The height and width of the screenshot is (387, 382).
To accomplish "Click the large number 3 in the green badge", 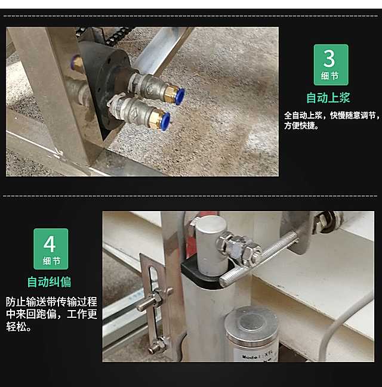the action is click(329, 58).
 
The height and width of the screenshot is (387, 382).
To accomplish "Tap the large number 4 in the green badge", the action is click(50, 244).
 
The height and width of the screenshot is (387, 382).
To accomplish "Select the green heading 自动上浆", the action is click(328, 98).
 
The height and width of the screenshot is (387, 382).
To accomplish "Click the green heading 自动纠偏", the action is click(49, 282).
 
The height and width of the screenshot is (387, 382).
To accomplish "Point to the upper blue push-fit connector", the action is click(180, 96).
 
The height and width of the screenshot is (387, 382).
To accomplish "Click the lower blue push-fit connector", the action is click(165, 121).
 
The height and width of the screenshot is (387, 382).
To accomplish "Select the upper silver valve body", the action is click(151, 85).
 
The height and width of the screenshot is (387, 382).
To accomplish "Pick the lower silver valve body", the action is click(135, 110).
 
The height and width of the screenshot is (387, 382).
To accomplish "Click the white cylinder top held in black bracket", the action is click(211, 245).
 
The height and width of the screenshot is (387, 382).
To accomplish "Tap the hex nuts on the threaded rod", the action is click(238, 247).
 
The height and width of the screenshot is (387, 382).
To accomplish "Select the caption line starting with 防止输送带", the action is click(51, 302).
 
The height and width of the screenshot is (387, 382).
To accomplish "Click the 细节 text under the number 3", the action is click(329, 76).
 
